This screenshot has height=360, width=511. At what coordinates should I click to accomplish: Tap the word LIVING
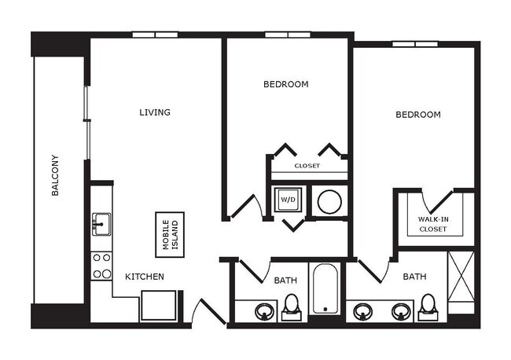click(155, 112)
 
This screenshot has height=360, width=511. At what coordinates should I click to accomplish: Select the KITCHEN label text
click(145, 277)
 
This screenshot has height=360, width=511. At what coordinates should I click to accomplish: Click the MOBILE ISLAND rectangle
click(170, 233)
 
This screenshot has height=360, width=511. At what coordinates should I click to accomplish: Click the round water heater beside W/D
click(329, 201)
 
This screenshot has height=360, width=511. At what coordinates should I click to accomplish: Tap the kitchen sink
click(101, 224)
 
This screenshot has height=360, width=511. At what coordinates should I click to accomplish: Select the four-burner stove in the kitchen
click(101, 266)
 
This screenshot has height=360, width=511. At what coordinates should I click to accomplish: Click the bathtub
click(324, 292)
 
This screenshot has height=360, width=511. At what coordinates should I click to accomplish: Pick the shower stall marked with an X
click(461, 281)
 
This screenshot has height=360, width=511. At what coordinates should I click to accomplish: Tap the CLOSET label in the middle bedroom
click(307, 166)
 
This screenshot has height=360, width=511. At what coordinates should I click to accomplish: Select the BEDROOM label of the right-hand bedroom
click(417, 115)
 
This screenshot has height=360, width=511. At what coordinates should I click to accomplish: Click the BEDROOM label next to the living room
click(285, 84)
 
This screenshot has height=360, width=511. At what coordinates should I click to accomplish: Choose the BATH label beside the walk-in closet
click(414, 277)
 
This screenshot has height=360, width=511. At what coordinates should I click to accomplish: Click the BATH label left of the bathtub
click(285, 280)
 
